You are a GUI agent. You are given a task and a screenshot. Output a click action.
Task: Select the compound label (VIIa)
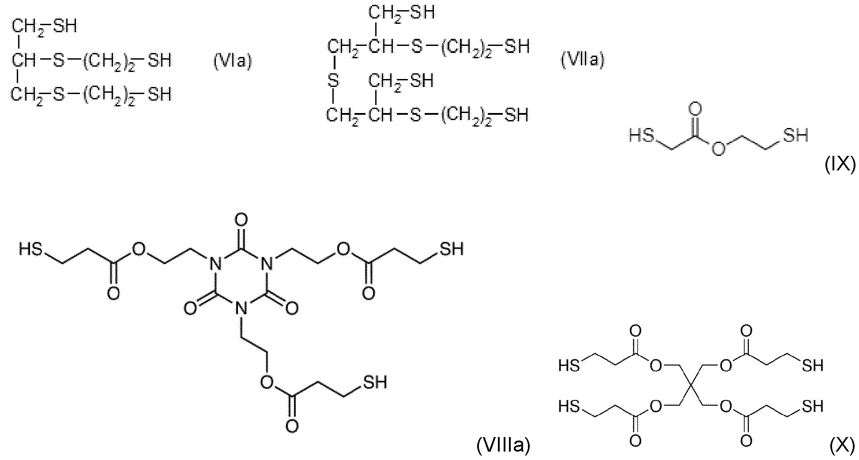point(582,59)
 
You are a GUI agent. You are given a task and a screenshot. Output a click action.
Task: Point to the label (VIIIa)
point(503,446)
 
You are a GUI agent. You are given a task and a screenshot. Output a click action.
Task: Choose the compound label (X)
point(842,446)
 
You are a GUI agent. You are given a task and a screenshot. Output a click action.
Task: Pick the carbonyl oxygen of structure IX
point(695,108)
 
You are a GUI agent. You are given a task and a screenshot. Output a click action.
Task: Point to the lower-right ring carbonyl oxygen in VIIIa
point(291,308)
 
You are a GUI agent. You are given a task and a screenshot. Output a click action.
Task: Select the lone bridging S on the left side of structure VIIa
point(333,81)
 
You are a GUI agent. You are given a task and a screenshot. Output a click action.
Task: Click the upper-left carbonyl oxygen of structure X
point(636,331)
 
